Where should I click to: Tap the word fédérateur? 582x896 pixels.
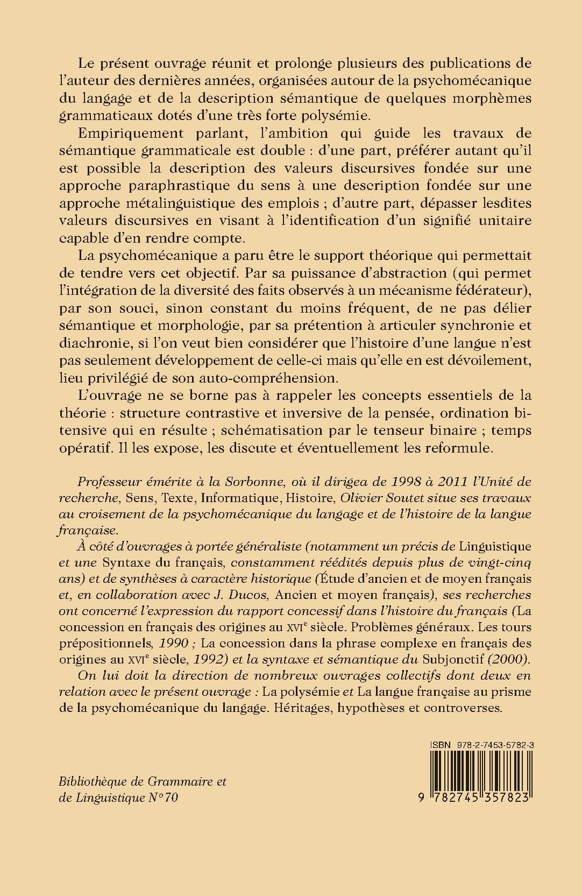[486, 291]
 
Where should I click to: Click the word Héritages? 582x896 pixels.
[300, 708]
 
